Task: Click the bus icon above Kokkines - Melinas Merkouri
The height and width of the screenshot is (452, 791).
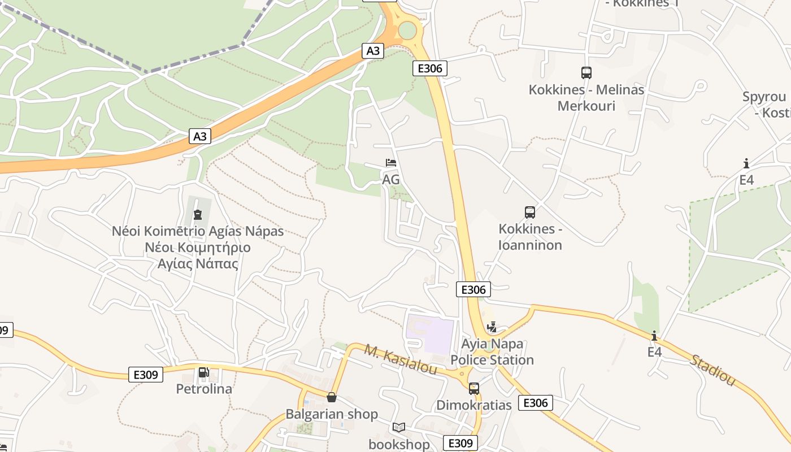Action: click(586, 73)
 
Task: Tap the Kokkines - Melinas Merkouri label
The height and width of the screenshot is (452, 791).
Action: click(586, 98)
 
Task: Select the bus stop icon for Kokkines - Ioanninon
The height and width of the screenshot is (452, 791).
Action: click(530, 212)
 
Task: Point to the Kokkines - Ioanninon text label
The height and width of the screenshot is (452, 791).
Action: click(530, 237)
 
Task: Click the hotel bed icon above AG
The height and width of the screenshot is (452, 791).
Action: click(391, 163)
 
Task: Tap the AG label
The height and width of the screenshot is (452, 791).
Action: click(391, 180)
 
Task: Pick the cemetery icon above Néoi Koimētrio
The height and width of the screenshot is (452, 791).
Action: click(198, 215)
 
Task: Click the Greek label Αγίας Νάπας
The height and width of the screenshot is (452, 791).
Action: click(198, 263)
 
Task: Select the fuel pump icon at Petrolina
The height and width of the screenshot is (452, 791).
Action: click(203, 373)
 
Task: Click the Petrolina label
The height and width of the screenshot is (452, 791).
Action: click(204, 389)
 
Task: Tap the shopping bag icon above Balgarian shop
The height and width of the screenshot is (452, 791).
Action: click(332, 398)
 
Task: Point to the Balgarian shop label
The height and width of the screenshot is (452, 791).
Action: click(332, 414)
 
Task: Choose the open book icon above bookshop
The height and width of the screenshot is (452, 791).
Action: click(399, 428)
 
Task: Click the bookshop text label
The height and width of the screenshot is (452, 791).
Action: click(399, 444)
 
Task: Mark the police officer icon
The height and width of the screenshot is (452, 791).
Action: click(492, 327)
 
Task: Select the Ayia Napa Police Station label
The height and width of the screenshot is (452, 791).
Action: click(492, 352)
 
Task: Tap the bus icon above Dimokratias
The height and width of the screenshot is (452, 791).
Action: click(474, 389)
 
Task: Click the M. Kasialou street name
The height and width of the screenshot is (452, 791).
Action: click(401, 360)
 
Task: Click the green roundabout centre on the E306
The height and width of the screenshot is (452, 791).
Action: click(407, 29)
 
